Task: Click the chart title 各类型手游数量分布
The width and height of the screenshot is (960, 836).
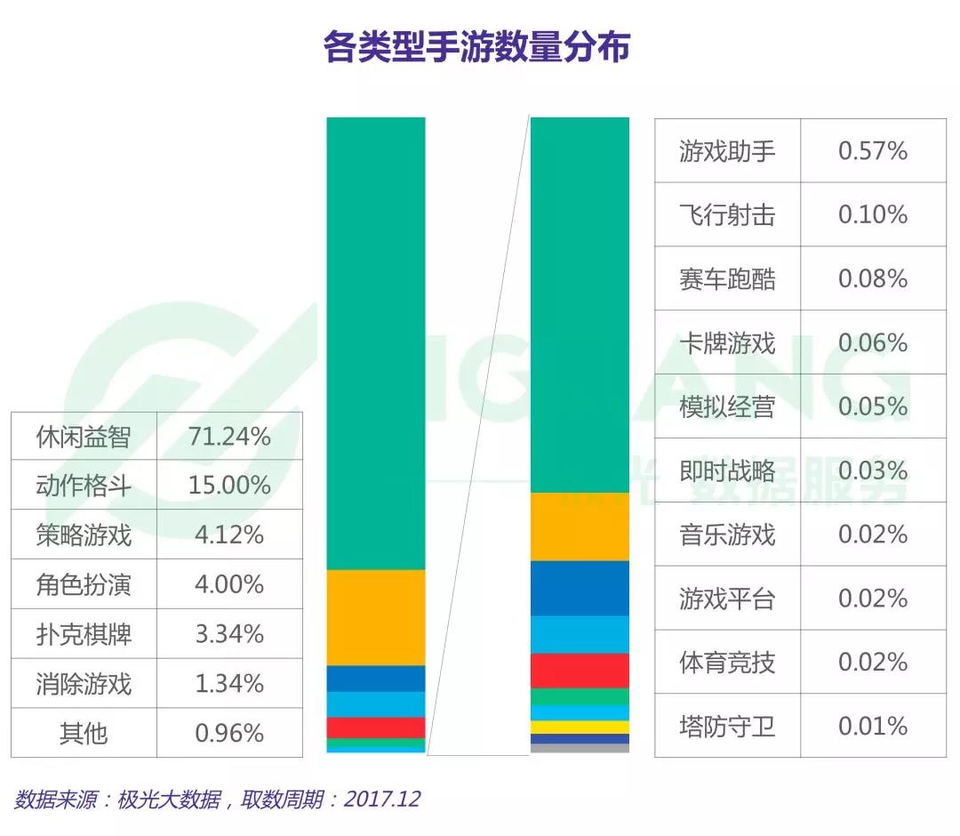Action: pyautogui.click(x=476, y=47)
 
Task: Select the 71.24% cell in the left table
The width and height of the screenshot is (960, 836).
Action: pyautogui.click(x=229, y=436)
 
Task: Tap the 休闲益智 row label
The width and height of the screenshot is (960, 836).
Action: pyautogui.click(x=84, y=436)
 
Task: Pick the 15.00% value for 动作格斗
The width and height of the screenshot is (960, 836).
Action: pyautogui.click(x=229, y=486)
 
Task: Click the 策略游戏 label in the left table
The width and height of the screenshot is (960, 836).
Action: pyautogui.click(x=84, y=535)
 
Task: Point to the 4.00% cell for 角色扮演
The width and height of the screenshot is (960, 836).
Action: pyautogui.click(x=229, y=585)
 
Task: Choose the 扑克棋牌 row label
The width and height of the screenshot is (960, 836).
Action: pyautogui.click(x=84, y=635)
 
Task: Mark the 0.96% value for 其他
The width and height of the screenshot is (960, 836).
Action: pyautogui.click(x=229, y=734)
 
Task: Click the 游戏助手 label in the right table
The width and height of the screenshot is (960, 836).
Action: pyautogui.click(x=727, y=151)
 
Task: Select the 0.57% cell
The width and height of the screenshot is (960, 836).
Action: pyautogui.click(x=873, y=151)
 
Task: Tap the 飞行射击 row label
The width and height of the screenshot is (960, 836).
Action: pyautogui.click(x=727, y=215)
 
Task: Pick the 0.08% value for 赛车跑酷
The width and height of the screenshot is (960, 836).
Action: pyautogui.click(x=873, y=279)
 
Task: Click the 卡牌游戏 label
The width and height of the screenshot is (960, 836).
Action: pyautogui.click(x=727, y=343)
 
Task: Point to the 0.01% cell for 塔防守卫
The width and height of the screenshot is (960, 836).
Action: pyautogui.click(x=873, y=727)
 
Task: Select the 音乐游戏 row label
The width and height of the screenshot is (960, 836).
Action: pyautogui.click(x=727, y=535)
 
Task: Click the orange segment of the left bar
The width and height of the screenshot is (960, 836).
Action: pyautogui.click(x=376, y=617)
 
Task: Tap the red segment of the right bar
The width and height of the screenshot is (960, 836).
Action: pyautogui.click(x=580, y=671)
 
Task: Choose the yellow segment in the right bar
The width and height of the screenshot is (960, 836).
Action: pyautogui.click(x=580, y=727)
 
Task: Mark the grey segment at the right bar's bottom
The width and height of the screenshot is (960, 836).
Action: pyautogui.click(x=580, y=748)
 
